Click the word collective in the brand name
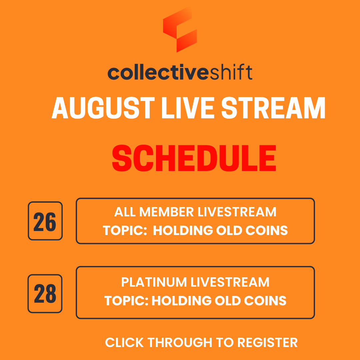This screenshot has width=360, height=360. pos(158,72)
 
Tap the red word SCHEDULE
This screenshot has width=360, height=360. pos(194,159)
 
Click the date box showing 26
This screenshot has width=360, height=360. pos(45,221)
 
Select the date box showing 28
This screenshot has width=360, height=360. pos(45,294)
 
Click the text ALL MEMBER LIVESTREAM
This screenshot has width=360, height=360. pos(195,212)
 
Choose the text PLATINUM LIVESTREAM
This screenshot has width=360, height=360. pos(195,282)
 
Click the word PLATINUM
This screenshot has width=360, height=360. pos(154,282)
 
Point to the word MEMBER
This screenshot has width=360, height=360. pos(167,212)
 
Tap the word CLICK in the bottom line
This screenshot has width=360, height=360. pos(125,343)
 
